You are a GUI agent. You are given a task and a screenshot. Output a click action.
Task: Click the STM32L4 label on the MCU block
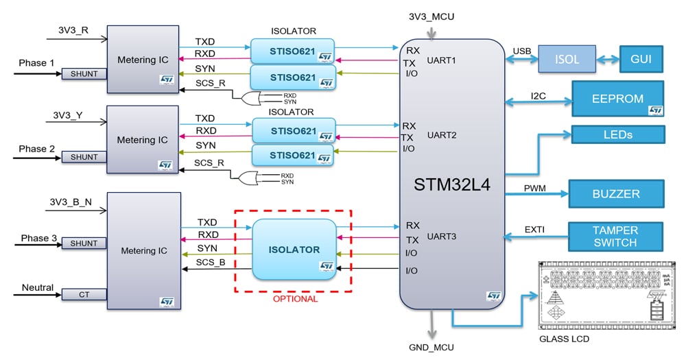(452, 184)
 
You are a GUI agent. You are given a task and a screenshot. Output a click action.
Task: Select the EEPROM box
(617, 99)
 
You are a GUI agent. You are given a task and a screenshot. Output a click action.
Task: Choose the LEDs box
(617, 134)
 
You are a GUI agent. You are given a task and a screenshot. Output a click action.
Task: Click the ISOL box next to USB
(566, 59)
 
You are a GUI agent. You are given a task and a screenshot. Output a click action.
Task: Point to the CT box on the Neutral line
(84, 294)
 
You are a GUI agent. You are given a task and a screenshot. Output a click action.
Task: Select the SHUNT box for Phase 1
(84, 74)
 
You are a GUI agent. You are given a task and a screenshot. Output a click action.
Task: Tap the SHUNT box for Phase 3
(84, 243)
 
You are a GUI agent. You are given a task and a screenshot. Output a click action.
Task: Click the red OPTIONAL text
(295, 299)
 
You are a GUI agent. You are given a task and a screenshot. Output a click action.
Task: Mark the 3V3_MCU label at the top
(431, 16)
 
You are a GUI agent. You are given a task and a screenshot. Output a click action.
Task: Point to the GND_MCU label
(431, 348)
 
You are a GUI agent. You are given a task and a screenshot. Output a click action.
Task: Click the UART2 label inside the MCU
(442, 135)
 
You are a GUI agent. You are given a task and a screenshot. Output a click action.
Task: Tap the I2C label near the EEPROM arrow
(538, 95)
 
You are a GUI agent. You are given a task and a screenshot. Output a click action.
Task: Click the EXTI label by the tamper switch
(534, 229)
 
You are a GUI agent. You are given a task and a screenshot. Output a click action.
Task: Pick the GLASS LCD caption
(565, 339)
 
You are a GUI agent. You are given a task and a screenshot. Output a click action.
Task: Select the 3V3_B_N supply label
(71, 202)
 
